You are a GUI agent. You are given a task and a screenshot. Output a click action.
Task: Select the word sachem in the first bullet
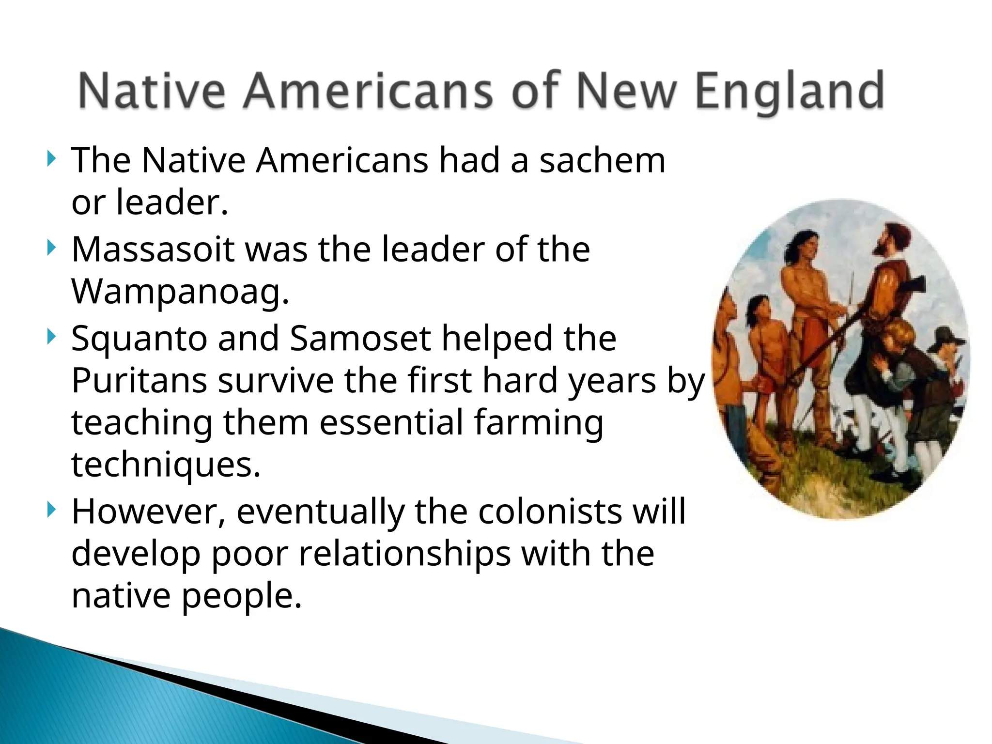603,160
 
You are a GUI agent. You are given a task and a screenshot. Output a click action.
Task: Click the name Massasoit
153,249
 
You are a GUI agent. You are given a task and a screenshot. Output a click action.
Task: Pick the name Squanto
139,339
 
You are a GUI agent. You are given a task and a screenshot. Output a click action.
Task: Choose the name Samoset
360,339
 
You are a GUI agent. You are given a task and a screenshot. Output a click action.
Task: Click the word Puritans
139,381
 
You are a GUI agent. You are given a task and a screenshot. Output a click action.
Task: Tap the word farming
538,423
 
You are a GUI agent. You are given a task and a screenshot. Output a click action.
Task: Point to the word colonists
549,512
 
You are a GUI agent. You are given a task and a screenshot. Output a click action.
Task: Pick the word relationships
404,554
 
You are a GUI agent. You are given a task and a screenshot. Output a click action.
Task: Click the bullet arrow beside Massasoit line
51,248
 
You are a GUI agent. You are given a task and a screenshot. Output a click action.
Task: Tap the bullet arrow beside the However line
51,510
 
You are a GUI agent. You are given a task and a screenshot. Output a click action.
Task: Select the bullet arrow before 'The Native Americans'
51,159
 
